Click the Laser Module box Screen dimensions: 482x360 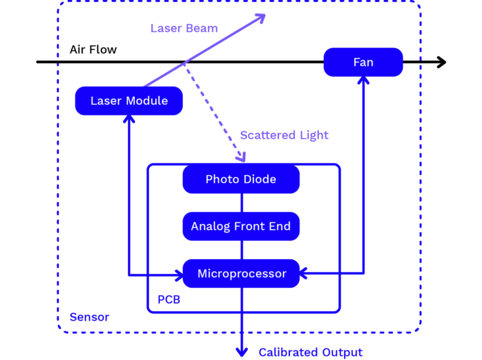tap(129, 101)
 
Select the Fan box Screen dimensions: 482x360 tap(363, 62)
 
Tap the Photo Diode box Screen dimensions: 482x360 tap(241, 179)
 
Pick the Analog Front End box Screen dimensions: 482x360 tap(241, 226)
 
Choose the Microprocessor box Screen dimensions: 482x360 tap(241, 273)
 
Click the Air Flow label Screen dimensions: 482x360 tap(93, 50)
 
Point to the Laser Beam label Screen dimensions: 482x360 tap(184, 28)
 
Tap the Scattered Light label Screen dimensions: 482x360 tap(284, 135)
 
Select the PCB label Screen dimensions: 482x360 tap(169, 300)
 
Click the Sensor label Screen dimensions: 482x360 tap(90, 317)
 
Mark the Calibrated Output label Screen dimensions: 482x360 tap(311, 352)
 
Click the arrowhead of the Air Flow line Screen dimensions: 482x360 tap(442, 62)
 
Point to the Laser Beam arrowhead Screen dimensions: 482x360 tap(260, 18)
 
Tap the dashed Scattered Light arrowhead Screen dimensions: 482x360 tap(241, 157)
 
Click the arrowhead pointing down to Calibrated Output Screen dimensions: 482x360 tap(242, 352)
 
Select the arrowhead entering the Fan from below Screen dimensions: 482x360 tap(363, 80)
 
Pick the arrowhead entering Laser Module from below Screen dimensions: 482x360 tap(129, 119)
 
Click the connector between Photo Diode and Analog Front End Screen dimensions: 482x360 tap(242, 203)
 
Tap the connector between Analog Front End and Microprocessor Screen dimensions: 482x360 tap(242, 250)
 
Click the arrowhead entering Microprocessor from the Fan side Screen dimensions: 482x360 tap(303, 273)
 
